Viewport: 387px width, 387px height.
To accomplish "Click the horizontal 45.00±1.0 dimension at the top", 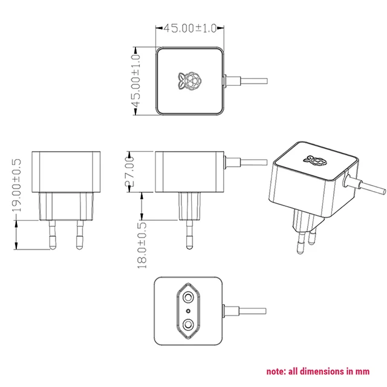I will point(190,28).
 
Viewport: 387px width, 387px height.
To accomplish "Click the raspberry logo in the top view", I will point(190,82).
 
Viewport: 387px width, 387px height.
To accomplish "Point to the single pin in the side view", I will point(189,233).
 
